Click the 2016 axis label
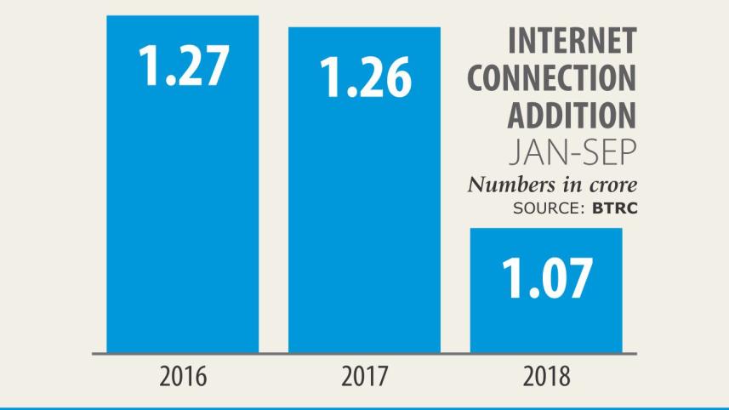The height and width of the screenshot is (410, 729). coord(183,376)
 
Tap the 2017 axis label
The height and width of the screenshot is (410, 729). coord(365,376)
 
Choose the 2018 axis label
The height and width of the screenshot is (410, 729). coord(547,376)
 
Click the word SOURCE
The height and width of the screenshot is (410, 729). coord(544,208)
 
